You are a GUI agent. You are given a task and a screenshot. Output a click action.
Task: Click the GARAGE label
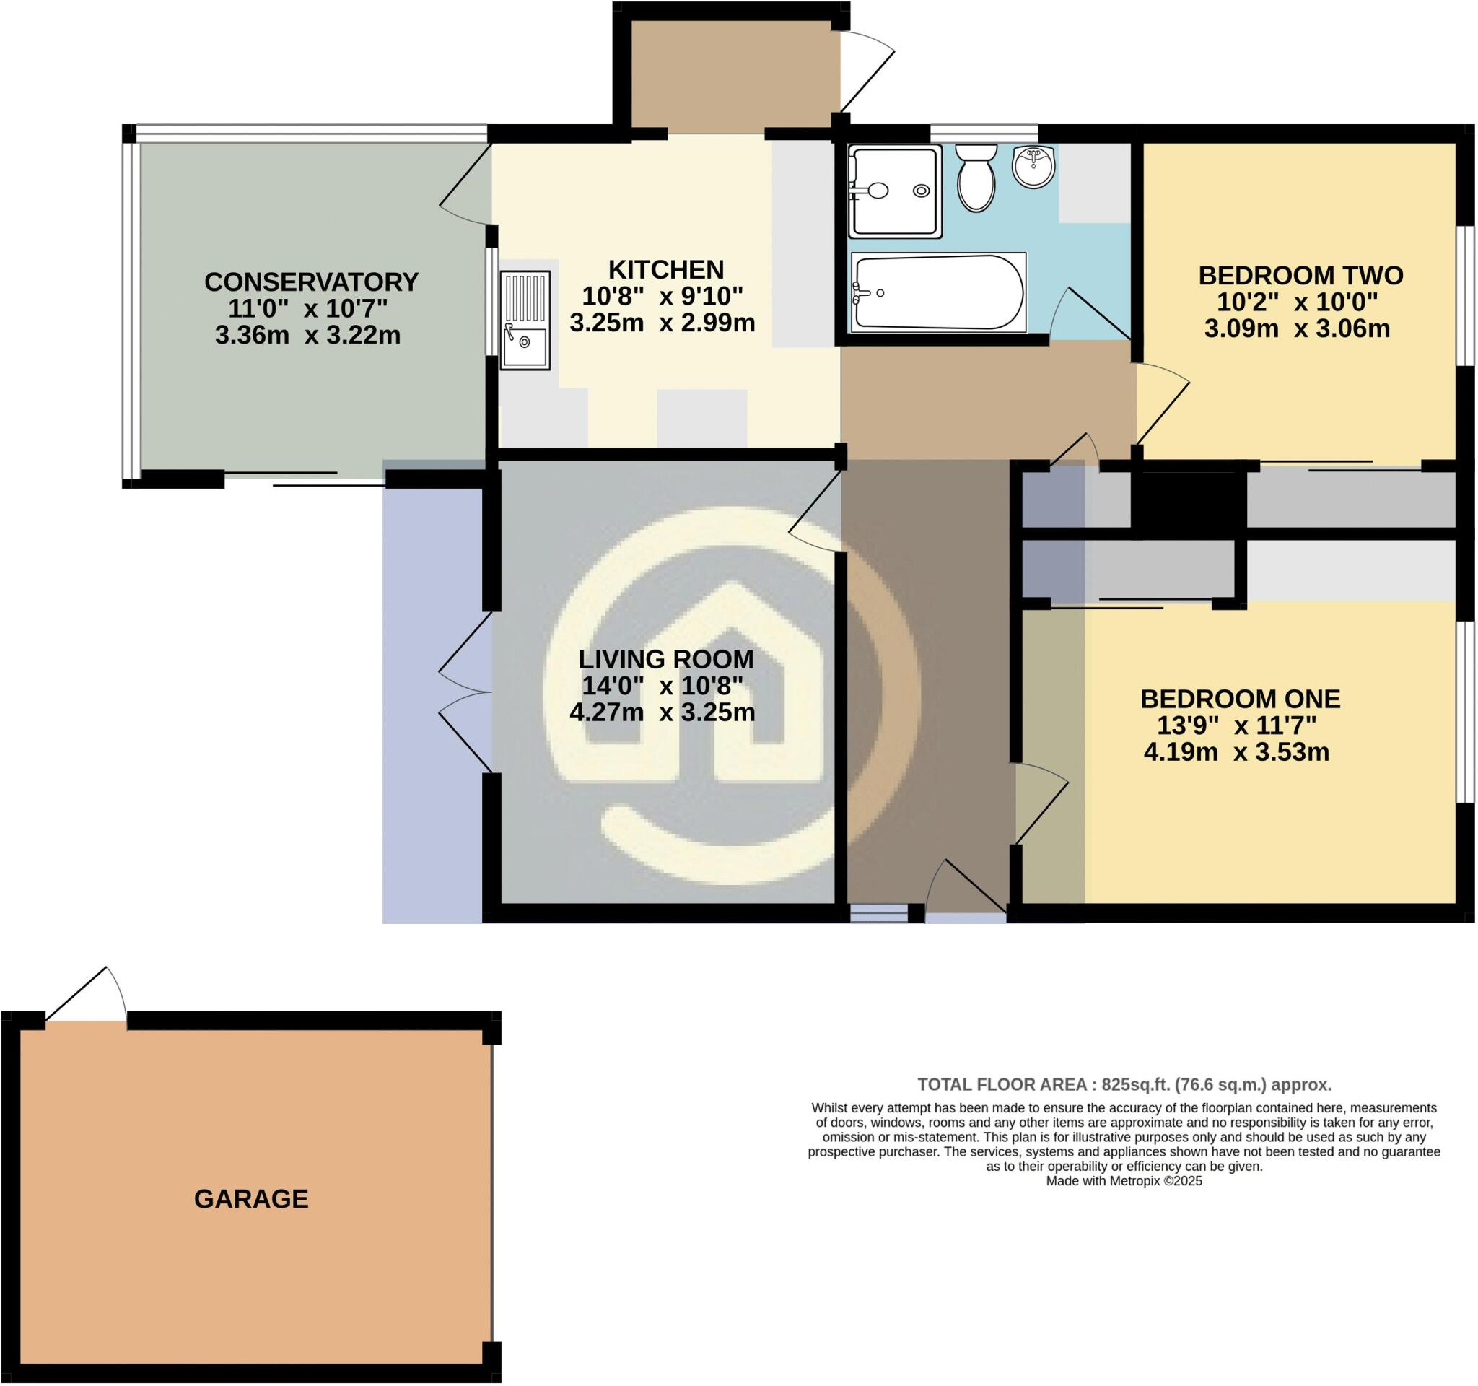(x=250, y=1198)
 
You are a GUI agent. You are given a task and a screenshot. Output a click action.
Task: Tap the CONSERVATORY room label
(x=312, y=282)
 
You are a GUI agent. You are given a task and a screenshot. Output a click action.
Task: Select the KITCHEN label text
(x=665, y=269)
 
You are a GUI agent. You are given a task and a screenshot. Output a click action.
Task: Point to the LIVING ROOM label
(x=666, y=659)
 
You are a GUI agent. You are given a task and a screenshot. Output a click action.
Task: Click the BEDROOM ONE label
(x=1240, y=699)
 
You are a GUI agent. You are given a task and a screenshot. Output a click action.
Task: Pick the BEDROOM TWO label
(x=1300, y=276)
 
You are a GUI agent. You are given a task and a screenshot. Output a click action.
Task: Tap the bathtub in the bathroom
(x=938, y=292)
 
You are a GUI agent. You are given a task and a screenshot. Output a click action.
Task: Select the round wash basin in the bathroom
(x=1033, y=166)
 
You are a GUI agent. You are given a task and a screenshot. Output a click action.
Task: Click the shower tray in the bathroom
(x=895, y=191)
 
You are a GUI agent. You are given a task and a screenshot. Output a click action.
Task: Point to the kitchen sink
(x=525, y=321)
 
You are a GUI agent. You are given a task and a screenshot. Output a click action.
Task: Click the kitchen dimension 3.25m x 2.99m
(x=663, y=323)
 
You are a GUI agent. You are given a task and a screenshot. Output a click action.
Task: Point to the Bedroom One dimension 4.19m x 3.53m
(x=1236, y=752)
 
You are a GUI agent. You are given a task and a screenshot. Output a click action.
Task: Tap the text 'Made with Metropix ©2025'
(x=1124, y=1181)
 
